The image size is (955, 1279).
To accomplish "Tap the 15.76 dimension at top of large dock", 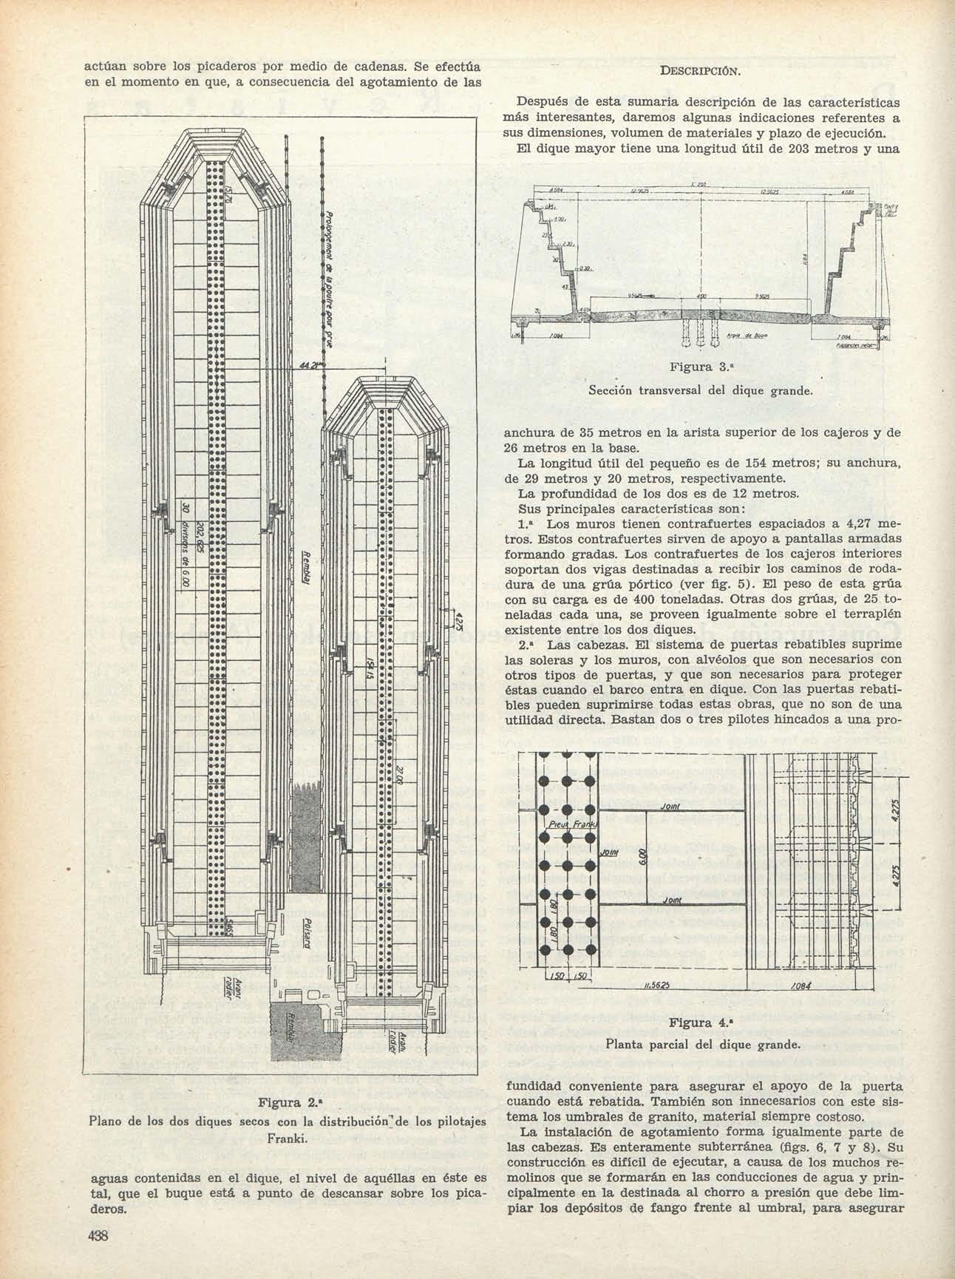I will (x=229, y=197).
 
